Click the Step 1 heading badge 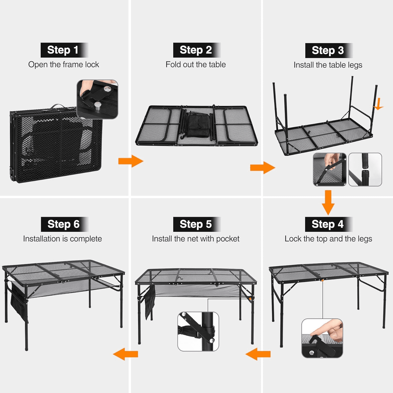pyautogui.click(x=64, y=50)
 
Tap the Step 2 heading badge pyautogui.click(x=197, y=50)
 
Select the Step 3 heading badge pyautogui.click(x=329, y=51)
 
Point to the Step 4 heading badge pyautogui.click(x=329, y=224)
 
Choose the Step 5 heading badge pyautogui.click(x=197, y=224)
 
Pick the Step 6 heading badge pyautogui.click(x=65, y=224)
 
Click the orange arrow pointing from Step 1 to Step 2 pyautogui.click(x=131, y=161)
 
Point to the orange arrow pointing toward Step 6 pyautogui.click(x=125, y=354)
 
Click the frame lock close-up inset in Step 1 pyautogui.click(x=97, y=99)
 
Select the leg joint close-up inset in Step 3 pyautogui.click(x=365, y=170)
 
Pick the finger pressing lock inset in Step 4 pyautogui.click(x=322, y=338)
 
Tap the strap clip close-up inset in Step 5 pyautogui.click(x=198, y=331)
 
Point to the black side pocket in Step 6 pyautogui.click(x=19, y=301)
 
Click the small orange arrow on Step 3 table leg pyautogui.click(x=378, y=104)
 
